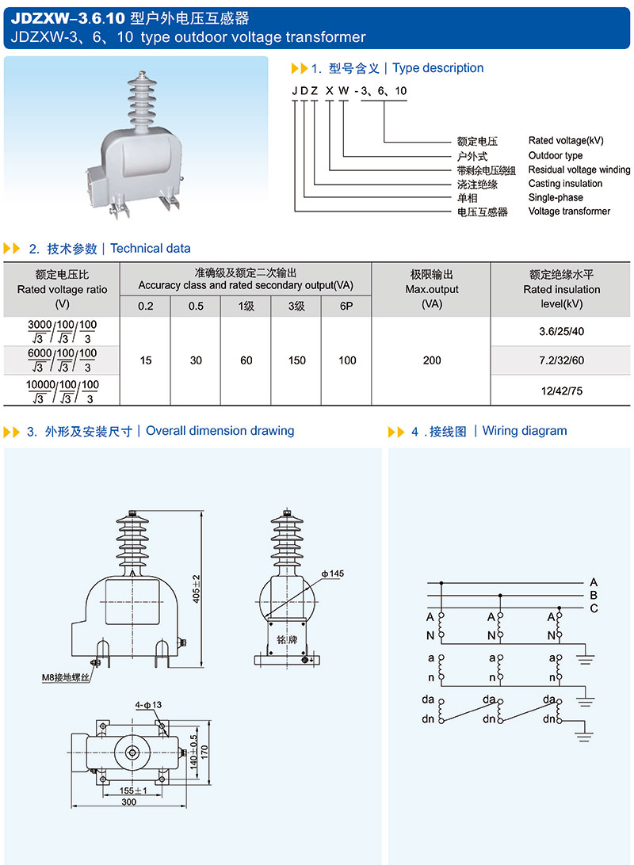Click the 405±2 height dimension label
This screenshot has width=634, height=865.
pos(196,589)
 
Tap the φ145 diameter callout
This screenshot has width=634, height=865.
pos(332,573)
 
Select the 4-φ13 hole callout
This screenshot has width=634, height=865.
pos(148,704)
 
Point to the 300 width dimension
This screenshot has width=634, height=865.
pos(129,802)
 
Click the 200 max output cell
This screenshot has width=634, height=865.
pos(432,360)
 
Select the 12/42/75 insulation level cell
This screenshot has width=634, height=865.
pos(561,391)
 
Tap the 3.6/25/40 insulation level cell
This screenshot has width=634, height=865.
pos(561,331)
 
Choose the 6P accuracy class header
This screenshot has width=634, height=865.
pos(346,306)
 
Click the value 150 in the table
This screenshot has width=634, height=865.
pos(296,360)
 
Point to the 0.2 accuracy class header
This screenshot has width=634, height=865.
pos(146,306)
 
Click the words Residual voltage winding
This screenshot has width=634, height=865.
pos(579,170)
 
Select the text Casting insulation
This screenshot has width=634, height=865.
pos(565,184)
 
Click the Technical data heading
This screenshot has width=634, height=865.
pos(150,248)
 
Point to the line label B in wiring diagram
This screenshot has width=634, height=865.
pos(594,595)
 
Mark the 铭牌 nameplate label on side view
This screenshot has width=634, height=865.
pos(286,637)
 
